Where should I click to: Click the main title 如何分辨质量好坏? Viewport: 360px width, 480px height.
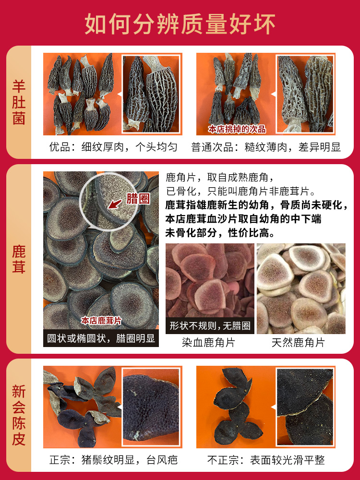180,24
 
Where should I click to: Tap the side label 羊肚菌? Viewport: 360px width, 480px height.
18,102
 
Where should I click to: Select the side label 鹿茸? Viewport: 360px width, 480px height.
18,259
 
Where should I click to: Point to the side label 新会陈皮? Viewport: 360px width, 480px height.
18,415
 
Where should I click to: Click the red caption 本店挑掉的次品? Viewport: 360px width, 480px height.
237,129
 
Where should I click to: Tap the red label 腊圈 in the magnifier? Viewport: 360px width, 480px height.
138,199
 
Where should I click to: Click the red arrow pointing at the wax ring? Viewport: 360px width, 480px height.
116,204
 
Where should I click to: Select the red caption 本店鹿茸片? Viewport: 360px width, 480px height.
101,321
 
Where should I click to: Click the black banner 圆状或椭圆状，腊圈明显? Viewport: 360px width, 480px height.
101,338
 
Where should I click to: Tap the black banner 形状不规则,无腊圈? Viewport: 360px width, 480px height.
210,325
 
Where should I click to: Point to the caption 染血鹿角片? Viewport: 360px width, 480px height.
208,343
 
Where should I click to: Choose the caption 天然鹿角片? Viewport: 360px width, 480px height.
298,343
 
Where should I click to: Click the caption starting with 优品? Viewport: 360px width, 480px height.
113,147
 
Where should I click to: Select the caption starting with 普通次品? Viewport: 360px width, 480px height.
266,147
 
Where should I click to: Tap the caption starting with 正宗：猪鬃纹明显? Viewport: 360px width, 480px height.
113,460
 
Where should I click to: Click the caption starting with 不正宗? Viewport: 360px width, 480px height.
266,460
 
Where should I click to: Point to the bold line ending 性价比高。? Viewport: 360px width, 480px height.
220,233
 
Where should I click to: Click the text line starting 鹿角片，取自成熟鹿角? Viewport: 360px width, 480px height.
219,177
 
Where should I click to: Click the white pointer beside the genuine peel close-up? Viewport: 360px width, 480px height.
120,407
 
